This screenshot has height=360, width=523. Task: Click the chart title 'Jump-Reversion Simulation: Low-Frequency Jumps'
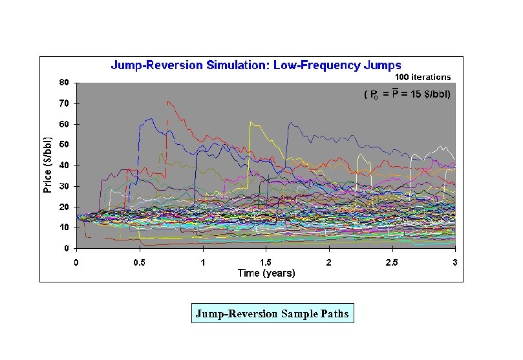(x=256, y=65)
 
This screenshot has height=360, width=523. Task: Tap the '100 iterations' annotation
(x=423, y=77)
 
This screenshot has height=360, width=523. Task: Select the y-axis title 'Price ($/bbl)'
(x=48, y=165)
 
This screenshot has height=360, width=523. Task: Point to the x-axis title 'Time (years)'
(x=266, y=273)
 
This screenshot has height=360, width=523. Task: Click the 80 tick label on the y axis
(x=64, y=83)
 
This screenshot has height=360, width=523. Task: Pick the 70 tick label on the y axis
(x=64, y=103)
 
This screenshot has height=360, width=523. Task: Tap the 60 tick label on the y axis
(x=64, y=124)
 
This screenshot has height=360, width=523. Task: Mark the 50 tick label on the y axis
(x=64, y=145)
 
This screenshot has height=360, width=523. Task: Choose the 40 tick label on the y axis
(x=64, y=165)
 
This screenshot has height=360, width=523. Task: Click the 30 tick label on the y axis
(x=64, y=186)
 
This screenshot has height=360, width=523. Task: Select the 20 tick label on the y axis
(x=64, y=207)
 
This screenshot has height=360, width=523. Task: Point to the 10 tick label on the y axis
(x=64, y=228)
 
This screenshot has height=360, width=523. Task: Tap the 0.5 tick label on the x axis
(x=139, y=262)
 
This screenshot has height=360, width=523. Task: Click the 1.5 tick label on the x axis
(x=266, y=262)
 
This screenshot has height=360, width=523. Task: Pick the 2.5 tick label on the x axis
(x=392, y=262)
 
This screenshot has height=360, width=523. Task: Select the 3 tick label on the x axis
(x=455, y=262)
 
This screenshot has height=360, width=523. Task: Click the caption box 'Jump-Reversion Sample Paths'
(x=272, y=315)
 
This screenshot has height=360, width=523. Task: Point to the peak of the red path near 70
(x=168, y=101)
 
